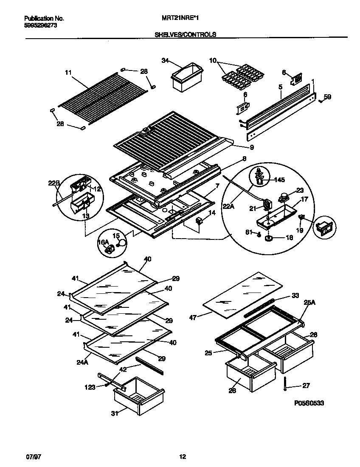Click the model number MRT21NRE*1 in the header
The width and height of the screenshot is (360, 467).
pyautogui.click(x=180, y=19)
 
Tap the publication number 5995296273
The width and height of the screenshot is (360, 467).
pyautogui.click(x=41, y=25)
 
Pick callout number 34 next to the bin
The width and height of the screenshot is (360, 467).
pyautogui.click(x=165, y=61)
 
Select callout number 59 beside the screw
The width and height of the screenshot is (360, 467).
pyautogui.click(x=327, y=97)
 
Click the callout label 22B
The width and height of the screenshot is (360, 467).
pyautogui.click(x=53, y=183)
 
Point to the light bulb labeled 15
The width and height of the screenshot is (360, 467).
pyautogui.click(x=122, y=243)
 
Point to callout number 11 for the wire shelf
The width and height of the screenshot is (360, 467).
pyautogui.click(x=68, y=73)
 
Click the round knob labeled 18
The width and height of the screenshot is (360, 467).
pyautogui.click(x=269, y=238)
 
